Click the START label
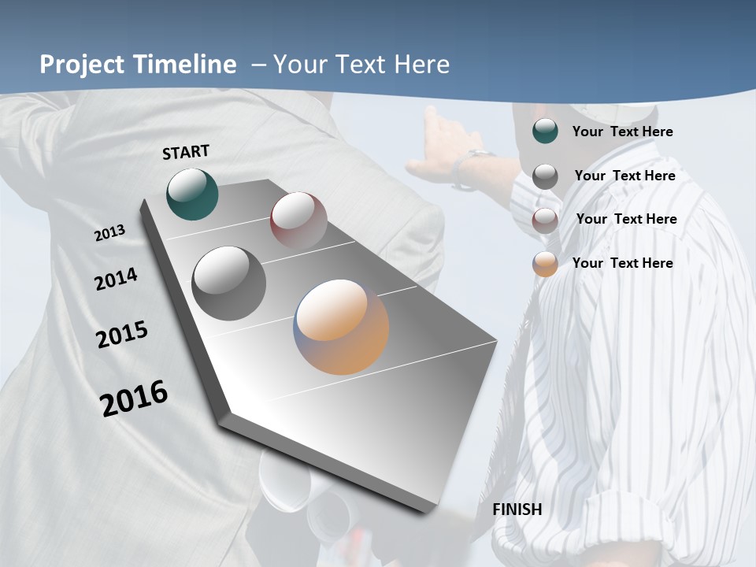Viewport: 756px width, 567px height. coord(186,152)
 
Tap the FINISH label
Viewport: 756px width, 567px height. coord(517,510)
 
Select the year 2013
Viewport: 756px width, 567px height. coord(110,233)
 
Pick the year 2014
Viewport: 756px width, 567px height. coord(117,280)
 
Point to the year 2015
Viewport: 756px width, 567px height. coord(122,335)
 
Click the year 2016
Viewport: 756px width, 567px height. coord(134,398)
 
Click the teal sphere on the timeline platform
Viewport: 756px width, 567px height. coord(192,194)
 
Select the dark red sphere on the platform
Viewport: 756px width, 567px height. coord(298,220)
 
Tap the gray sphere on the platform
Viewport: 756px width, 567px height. coord(228,283)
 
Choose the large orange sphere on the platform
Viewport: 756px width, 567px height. coord(342,326)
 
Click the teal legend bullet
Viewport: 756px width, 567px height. coord(545,132)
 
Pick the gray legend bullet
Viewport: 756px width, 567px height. coord(545,176)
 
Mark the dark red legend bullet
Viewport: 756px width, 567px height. coord(545,220)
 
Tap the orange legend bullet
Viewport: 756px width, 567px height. coord(545,264)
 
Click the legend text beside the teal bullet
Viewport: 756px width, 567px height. coord(622,132)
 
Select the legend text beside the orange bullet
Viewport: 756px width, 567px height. coord(622,263)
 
